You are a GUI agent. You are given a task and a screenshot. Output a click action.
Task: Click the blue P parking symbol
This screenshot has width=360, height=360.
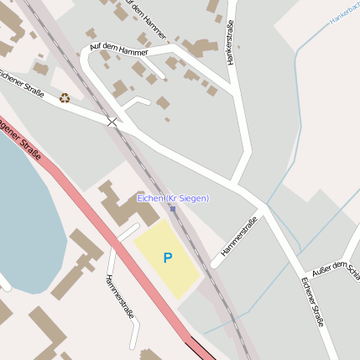pos(167,258)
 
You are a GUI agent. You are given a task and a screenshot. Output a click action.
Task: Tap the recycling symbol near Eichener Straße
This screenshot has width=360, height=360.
pos(65,98)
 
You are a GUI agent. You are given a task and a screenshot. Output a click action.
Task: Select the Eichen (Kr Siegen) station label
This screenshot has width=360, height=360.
pos(173,197)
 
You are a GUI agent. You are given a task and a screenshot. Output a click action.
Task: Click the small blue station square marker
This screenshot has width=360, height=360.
pos(173,208)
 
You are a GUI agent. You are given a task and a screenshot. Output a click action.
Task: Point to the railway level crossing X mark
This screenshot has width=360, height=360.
pos(112,123)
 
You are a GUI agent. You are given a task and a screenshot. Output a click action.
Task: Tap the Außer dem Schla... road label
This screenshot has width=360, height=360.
pos(335,269)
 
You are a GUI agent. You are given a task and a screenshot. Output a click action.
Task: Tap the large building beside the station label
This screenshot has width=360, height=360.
pos(126,206)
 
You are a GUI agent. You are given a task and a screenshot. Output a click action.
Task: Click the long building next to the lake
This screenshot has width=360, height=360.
pos(76,264)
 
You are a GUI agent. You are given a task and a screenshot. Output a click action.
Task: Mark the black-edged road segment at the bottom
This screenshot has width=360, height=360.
pos(201,346)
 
